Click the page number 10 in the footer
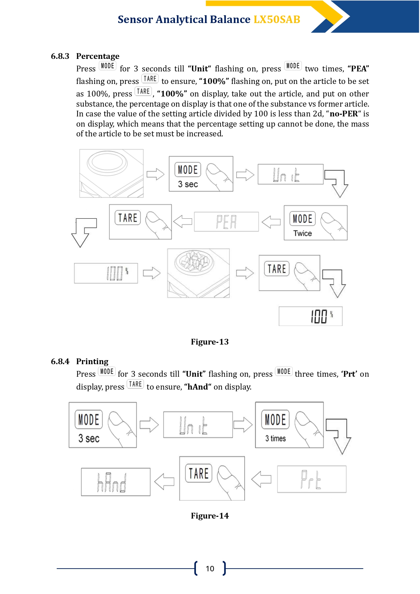tap(210, 569)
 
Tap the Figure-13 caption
tap(210, 342)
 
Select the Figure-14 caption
tap(210, 516)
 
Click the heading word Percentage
tap(98, 56)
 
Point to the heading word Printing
tap(92, 361)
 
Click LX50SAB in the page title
tap(277, 20)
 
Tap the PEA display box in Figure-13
tap(226, 222)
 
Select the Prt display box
tap(312, 479)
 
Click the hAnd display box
tap(116, 482)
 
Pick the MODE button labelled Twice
tap(315, 223)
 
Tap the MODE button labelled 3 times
tap(289, 425)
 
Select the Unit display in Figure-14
tap(198, 425)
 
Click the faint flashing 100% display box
tap(106, 273)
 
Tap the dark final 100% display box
tap(311, 316)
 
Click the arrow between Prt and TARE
tap(261, 479)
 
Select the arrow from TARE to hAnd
tap(164, 481)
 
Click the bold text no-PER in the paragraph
tap(344, 114)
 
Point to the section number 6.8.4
tap(60, 361)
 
